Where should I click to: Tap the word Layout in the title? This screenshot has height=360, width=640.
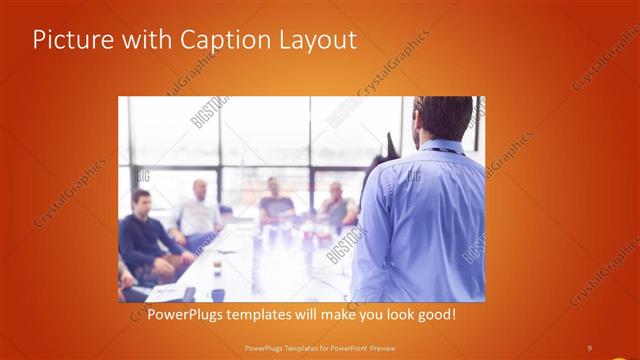tap(311, 40)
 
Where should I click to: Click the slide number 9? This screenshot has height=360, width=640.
tap(589, 347)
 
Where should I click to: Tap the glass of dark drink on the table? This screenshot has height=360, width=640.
tap(217, 267)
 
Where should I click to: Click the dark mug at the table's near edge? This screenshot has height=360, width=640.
tap(217, 295)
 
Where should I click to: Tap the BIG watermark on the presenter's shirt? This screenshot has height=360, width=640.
tap(412, 176)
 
